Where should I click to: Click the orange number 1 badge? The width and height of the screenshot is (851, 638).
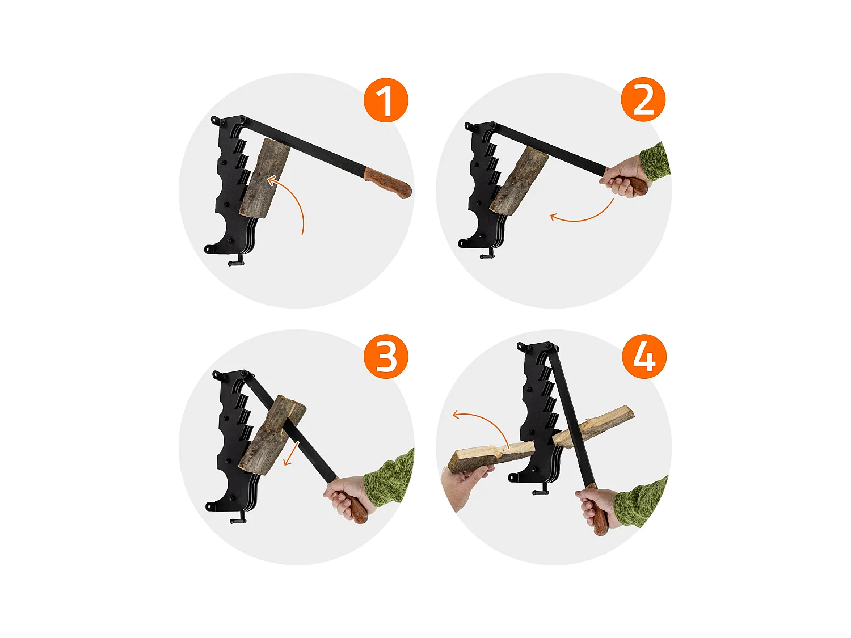385,100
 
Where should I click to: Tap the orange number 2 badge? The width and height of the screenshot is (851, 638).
643,99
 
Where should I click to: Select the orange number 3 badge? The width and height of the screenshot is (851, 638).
386,356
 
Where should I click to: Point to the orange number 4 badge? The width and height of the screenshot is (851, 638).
644,356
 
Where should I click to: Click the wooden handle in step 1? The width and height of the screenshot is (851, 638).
387,183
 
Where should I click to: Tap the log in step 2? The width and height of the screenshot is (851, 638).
519,180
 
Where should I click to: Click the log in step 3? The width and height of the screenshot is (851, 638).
272,435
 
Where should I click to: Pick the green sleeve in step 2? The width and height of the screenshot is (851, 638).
655,162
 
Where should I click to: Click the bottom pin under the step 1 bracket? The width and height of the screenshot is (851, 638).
235,263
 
